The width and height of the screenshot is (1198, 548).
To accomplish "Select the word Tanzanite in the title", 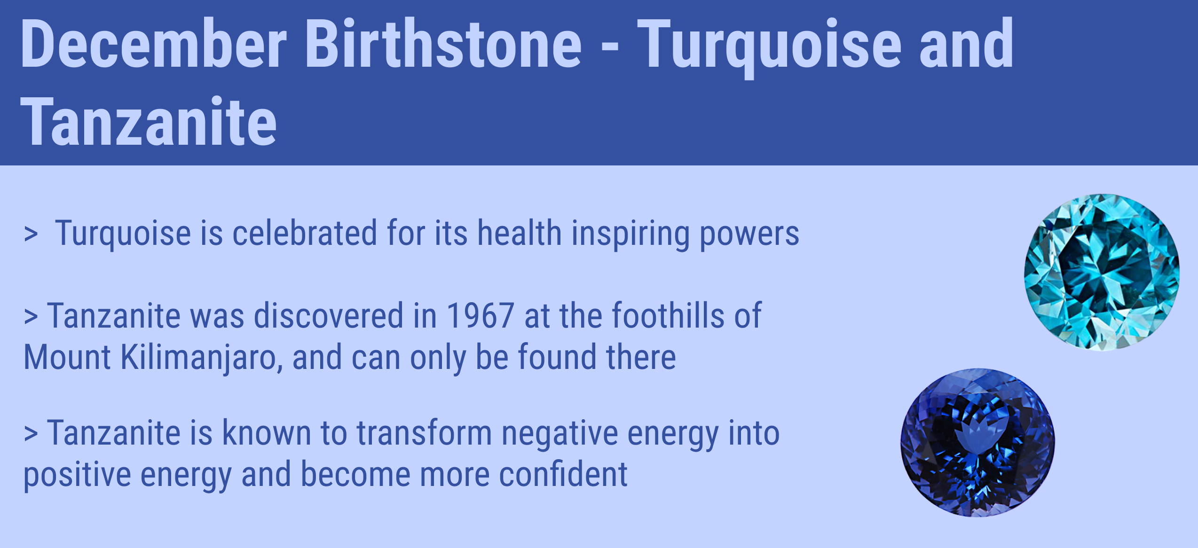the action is pos(149,122).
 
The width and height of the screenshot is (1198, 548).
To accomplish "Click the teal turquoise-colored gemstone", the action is pos(1102,272).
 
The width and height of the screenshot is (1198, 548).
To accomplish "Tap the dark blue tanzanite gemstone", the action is pos(977,443).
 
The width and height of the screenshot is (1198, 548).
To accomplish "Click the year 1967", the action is pos(481,315).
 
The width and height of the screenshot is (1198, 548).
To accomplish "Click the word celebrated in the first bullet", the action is pos(305,233).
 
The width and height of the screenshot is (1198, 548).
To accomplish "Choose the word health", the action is pos(520,233).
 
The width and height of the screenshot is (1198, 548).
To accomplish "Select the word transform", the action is pos(424,432).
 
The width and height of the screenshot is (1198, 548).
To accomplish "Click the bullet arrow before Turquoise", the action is pos(31,234).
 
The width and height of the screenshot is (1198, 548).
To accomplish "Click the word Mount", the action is pos(67,357).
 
